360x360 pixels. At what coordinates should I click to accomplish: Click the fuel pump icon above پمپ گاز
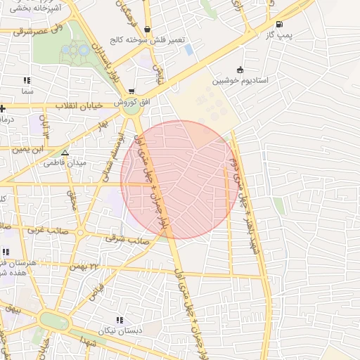point(280,23)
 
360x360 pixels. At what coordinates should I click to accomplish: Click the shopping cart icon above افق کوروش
point(131,92)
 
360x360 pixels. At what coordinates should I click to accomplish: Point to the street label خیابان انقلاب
point(79,106)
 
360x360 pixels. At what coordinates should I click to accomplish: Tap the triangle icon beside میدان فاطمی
point(65,153)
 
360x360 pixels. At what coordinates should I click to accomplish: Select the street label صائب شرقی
point(127,239)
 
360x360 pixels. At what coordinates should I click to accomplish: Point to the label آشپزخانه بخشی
point(53,7)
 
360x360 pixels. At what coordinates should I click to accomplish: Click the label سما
point(27,92)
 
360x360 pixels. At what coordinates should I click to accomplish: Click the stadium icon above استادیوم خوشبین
point(240,70)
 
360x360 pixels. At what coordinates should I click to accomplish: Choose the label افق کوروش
point(132,103)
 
